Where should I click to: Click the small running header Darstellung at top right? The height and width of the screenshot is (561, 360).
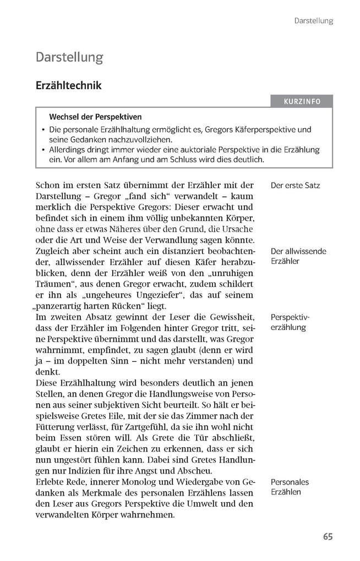click(314, 21)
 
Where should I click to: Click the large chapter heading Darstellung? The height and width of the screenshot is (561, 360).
click(69, 57)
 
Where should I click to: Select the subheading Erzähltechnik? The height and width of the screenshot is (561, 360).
click(68, 86)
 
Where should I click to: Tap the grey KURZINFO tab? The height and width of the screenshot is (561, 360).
click(302, 102)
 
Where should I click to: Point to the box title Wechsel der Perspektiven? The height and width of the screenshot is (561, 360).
click(95, 117)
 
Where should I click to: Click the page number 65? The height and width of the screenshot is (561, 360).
click(328, 537)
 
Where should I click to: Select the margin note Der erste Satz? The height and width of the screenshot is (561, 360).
click(295, 185)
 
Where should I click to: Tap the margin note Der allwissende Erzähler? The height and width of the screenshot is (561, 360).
click(298, 256)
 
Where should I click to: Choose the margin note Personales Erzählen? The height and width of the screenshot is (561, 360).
click(290, 487)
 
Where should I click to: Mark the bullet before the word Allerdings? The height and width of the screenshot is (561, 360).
click(43, 150)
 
